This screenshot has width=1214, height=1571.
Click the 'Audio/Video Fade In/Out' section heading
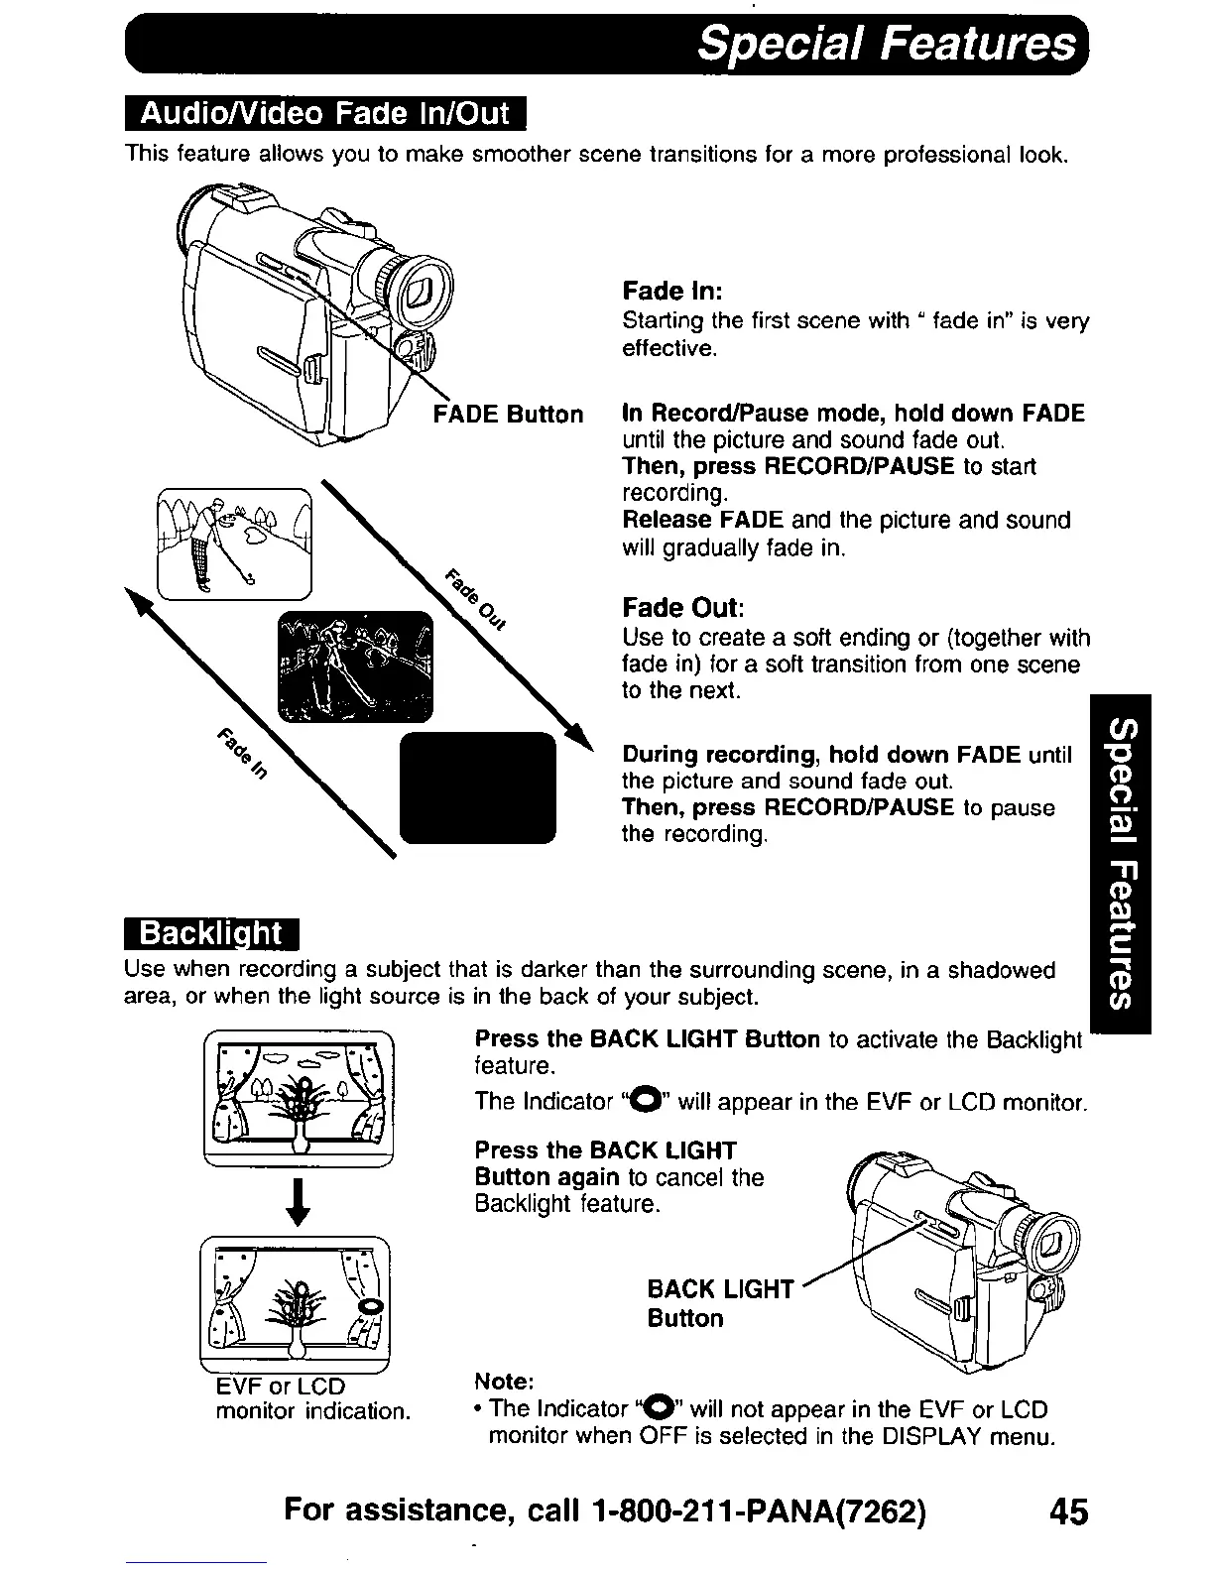[324, 115]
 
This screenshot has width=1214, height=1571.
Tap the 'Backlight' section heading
[212, 934]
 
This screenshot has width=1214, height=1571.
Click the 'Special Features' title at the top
[886, 45]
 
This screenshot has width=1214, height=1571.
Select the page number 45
[1066, 1511]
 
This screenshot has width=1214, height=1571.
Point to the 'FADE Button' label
[509, 414]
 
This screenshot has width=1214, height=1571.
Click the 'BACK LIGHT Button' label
[720, 1303]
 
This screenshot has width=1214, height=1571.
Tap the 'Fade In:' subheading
[671, 292]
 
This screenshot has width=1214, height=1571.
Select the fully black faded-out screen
[477, 787]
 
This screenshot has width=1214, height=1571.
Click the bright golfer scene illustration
[235, 544]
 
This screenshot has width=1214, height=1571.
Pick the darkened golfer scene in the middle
[356, 666]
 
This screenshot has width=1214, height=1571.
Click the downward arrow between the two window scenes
[298, 1202]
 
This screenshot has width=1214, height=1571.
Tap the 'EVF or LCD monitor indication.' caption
[312, 1398]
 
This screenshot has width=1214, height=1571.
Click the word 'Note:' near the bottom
[505, 1382]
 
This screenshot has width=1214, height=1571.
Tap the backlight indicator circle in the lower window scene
[370, 1307]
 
